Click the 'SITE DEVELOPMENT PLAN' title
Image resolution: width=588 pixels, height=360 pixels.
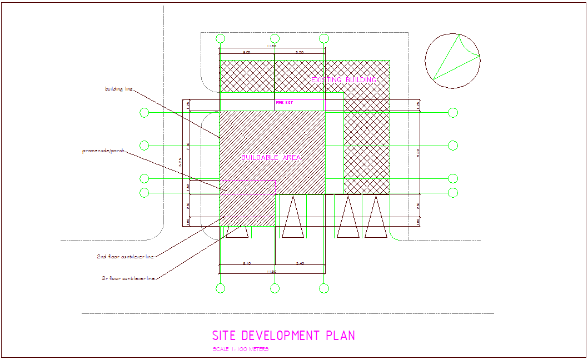283,336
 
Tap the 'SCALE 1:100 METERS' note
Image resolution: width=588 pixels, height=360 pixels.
241,349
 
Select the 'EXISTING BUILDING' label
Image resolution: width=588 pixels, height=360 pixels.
343,80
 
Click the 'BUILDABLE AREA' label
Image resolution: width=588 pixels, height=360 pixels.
271,158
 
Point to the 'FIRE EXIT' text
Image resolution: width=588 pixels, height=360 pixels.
285,103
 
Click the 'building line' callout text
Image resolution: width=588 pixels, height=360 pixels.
119,89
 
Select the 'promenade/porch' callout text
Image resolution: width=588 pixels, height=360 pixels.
103,151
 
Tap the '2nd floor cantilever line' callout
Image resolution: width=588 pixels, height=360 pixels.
125,257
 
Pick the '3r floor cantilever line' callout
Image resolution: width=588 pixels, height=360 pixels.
125,278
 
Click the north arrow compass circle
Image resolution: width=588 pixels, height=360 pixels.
452,61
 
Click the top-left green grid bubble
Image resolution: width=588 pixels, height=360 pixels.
221,38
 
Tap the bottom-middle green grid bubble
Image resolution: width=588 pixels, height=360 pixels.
275,288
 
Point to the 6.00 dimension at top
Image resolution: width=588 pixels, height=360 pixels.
246,52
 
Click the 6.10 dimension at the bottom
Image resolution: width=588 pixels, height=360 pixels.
247,263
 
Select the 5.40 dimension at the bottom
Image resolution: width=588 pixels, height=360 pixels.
300,263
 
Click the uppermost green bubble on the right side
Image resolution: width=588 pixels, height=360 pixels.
453,113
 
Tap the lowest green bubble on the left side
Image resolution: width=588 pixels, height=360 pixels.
144,193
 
